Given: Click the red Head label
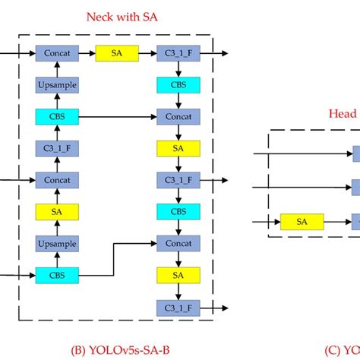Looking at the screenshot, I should pyautogui.click(x=342, y=113).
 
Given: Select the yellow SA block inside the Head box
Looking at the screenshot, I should pyautogui.click(x=302, y=221).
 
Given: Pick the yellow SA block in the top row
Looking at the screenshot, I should pyautogui.click(x=116, y=53).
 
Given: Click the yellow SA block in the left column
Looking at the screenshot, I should pyautogui.click(x=57, y=212).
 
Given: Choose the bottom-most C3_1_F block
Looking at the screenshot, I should pyautogui.click(x=177, y=307).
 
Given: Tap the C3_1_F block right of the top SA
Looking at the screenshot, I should pyautogui.click(x=177, y=53).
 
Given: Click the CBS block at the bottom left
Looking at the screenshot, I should pyautogui.click(x=57, y=275).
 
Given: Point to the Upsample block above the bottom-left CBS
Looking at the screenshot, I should pyautogui.click(x=57, y=244).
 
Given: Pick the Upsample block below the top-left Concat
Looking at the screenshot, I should pyautogui.click(x=57, y=85).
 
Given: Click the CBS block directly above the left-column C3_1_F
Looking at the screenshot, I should pyautogui.click(x=57, y=117).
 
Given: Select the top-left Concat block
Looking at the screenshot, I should pyautogui.click(x=57, y=53).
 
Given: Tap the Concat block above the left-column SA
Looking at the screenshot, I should pyautogui.click(x=57, y=180).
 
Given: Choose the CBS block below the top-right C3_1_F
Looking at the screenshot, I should pyautogui.click(x=177, y=85).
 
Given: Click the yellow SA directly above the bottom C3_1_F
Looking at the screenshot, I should pyautogui.click(x=177, y=275).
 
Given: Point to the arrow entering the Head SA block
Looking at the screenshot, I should pyautogui.click(x=267, y=221).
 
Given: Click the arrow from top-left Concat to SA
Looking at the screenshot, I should pyautogui.click(x=87, y=53).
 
